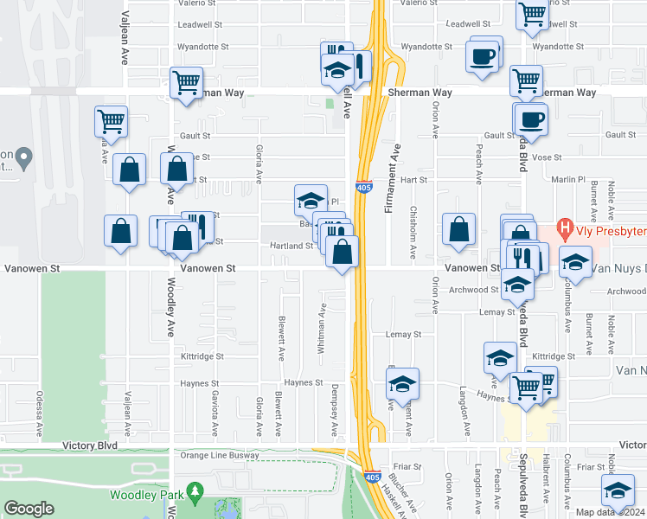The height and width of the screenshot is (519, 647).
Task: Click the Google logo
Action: pyautogui.click(x=29, y=509)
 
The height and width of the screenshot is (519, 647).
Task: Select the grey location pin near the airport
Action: pyautogui.click(x=24, y=158)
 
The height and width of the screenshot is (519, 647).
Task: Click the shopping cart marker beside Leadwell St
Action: pyautogui.click(x=533, y=14)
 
